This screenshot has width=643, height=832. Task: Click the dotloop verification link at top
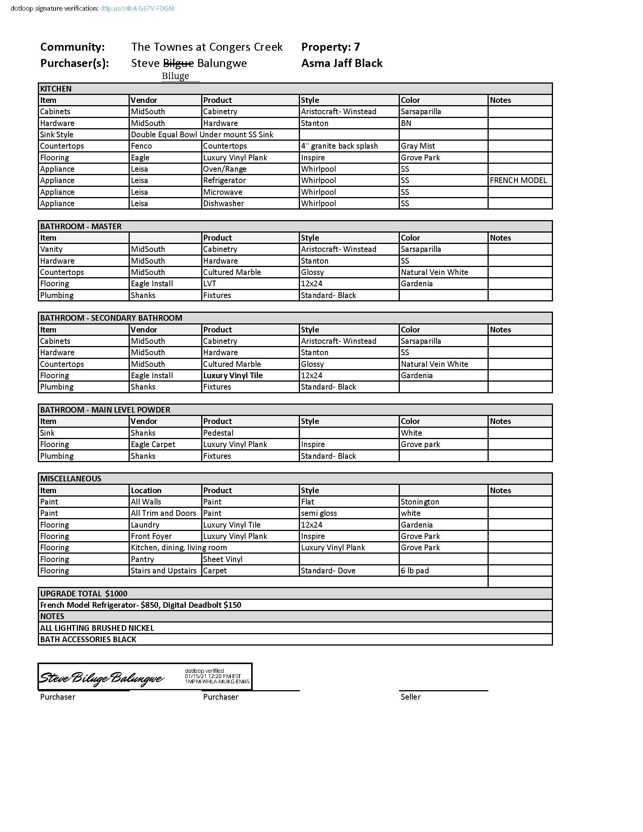click(x=137, y=8)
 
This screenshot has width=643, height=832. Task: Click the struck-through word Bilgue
click(x=178, y=63)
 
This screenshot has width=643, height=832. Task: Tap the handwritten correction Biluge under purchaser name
click(x=175, y=76)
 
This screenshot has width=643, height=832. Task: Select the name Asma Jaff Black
click(x=342, y=63)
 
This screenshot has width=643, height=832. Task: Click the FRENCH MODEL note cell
click(x=518, y=180)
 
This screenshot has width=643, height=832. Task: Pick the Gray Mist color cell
click(x=418, y=146)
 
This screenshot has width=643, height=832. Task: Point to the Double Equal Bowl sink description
click(x=202, y=135)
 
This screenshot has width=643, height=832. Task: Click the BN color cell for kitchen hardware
click(x=406, y=123)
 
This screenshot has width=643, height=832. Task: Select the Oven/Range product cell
click(x=224, y=169)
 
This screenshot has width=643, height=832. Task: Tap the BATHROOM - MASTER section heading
click(x=81, y=226)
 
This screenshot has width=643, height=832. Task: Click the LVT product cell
click(x=210, y=283)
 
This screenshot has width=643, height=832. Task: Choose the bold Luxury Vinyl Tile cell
click(x=233, y=375)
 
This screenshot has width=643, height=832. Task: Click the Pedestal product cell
click(x=218, y=433)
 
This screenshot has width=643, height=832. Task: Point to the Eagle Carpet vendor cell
click(x=153, y=444)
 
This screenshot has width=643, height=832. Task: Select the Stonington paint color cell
click(x=420, y=502)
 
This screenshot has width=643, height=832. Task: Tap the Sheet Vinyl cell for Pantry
click(x=222, y=559)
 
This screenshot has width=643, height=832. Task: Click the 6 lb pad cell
click(x=415, y=571)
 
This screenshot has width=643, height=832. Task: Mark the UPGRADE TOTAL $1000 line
click(x=84, y=593)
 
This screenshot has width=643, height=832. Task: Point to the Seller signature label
click(x=410, y=697)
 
